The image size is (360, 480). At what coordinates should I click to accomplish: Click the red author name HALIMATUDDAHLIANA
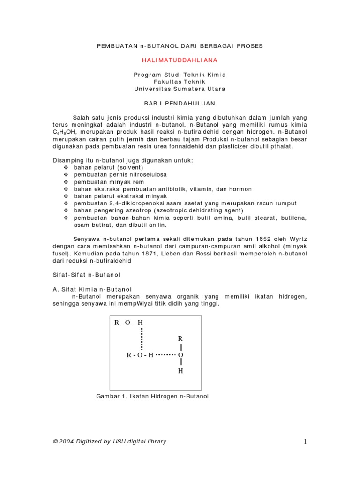180,60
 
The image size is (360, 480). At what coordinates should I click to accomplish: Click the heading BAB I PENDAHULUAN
180,103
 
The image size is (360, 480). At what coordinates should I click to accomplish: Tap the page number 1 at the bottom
305,442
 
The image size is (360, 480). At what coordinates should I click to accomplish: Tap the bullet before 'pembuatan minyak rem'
66,182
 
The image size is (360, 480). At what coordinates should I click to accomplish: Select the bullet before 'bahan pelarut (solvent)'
66,167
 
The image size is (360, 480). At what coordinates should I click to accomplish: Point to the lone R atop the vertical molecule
180,338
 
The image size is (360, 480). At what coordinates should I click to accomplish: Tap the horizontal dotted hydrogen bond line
165,355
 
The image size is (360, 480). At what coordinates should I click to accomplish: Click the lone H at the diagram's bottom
180,371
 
